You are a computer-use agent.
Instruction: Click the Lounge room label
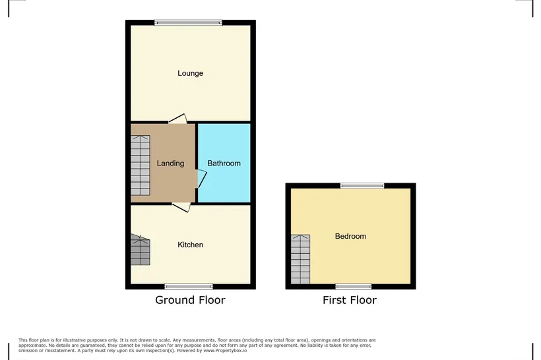[x=190, y=73]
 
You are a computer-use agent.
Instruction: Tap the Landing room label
[x=170, y=163]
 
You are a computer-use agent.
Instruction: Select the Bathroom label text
[x=224, y=163]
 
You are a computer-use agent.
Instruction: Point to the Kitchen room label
[x=190, y=245]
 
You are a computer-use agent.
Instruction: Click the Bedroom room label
[x=350, y=236]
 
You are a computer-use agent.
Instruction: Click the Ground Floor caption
[x=190, y=300]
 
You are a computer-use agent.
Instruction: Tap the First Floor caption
[x=350, y=300]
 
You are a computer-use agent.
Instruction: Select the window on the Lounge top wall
[x=188, y=23]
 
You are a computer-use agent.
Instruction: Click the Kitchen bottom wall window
[x=189, y=287]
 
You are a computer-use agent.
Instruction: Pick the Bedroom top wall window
[x=362, y=186]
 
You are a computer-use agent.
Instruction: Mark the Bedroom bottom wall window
[x=354, y=287]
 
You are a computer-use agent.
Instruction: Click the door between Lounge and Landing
[x=177, y=119]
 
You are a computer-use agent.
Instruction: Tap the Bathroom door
[x=201, y=179]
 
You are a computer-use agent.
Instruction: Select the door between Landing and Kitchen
[x=181, y=207]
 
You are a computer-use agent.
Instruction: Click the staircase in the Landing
[x=141, y=165]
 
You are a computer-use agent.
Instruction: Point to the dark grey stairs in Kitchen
[x=141, y=250]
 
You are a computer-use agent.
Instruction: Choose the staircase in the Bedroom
[x=300, y=259]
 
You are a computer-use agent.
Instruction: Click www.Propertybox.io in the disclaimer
[x=225, y=351]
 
